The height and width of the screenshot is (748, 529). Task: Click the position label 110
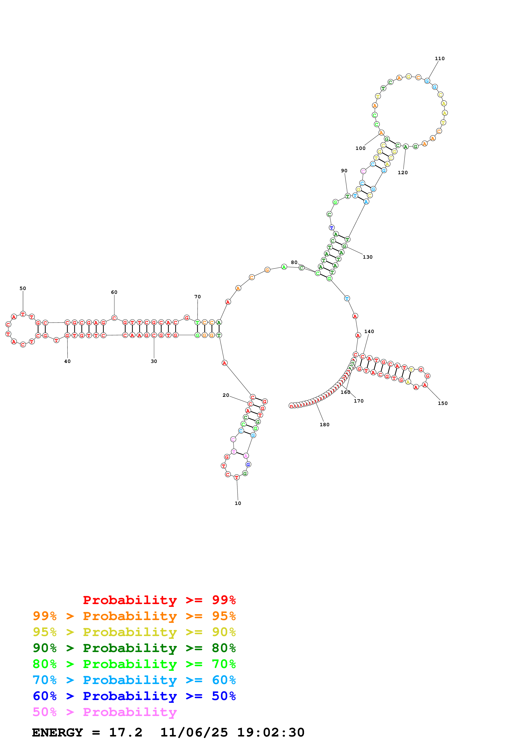click(439, 59)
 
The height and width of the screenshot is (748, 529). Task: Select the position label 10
click(238, 503)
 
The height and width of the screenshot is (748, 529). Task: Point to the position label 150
click(443, 403)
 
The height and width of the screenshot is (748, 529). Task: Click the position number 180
click(324, 425)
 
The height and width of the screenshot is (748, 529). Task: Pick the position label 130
click(368, 257)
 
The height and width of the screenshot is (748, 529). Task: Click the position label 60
click(114, 292)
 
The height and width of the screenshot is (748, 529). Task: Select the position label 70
click(198, 297)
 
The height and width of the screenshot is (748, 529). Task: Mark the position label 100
click(360, 148)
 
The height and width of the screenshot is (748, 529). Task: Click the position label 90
click(344, 171)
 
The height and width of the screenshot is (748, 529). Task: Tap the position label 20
click(226, 395)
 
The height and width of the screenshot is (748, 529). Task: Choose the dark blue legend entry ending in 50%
click(134, 696)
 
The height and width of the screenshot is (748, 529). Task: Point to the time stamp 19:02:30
click(271, 732)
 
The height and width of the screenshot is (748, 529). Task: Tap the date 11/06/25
click(194, 732)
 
